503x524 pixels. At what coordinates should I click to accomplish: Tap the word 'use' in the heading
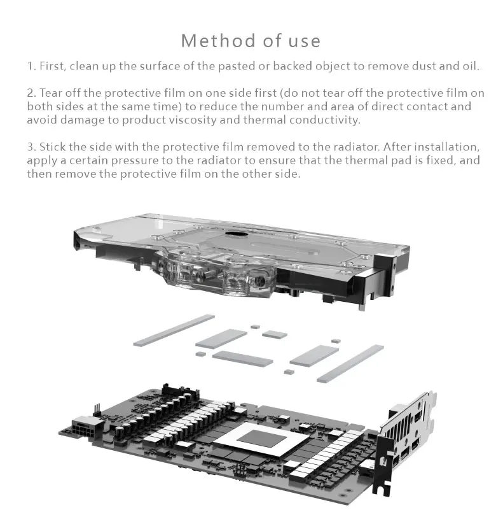pos(303,41)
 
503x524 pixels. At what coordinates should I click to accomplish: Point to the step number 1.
pos(30,66)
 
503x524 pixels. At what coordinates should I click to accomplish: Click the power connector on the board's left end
pos(84,423)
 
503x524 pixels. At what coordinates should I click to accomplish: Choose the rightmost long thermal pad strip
pos(350,363)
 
